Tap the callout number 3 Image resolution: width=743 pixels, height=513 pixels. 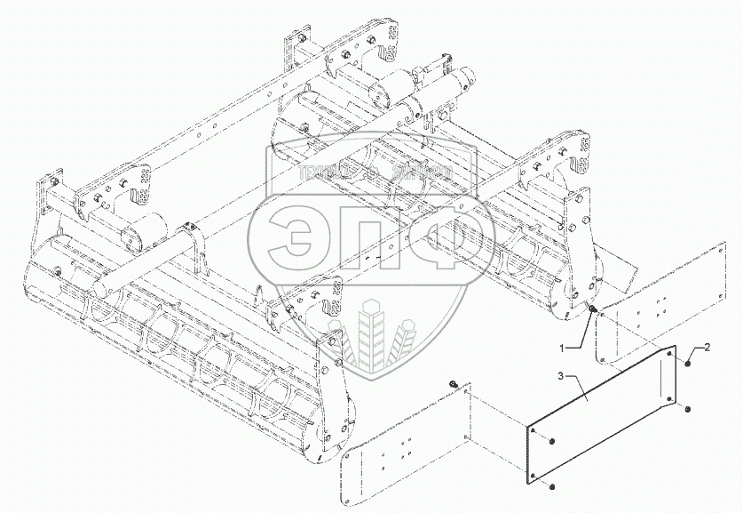[536, 378]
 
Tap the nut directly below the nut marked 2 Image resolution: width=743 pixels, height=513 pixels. [687, 407]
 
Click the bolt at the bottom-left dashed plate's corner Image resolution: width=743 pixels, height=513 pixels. [430, 383]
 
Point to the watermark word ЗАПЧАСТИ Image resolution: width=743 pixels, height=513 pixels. [421, 171]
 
